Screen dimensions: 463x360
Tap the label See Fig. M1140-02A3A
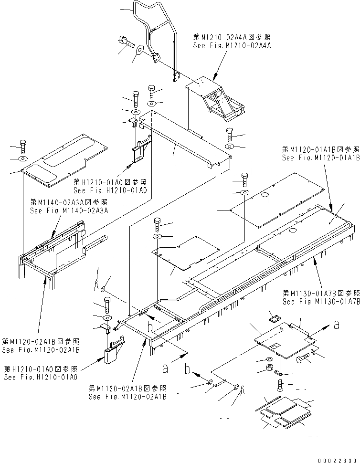point(69,210)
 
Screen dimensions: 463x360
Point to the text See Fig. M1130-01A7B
point(320,302)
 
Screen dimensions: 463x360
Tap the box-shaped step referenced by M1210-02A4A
point(217,98)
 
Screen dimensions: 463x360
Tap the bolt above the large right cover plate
point(244,179)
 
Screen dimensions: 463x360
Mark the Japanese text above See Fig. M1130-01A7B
point(320,293)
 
